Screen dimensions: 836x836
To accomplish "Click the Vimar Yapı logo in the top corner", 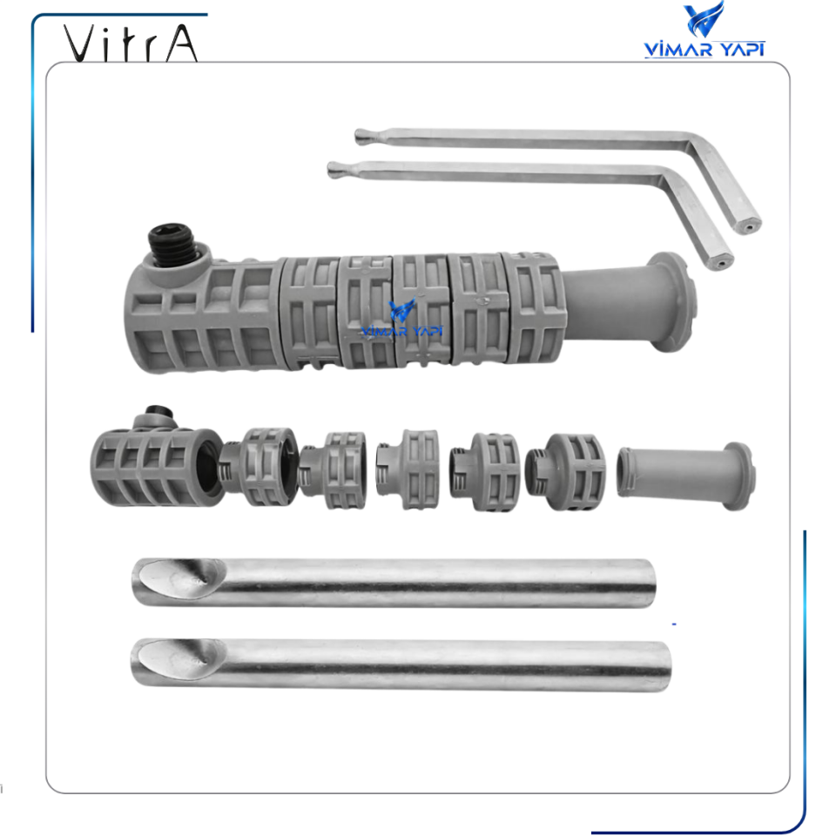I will [x=704, y=31].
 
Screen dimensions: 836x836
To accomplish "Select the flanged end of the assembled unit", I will [x=669, y=301].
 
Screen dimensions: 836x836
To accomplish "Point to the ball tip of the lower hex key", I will [x=334, y=168].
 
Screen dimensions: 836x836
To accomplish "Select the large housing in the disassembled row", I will [x=152, y=466].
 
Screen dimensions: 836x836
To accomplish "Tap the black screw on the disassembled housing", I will [x=157, y=411].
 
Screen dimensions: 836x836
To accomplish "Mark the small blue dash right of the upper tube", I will [x=675, y=624].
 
